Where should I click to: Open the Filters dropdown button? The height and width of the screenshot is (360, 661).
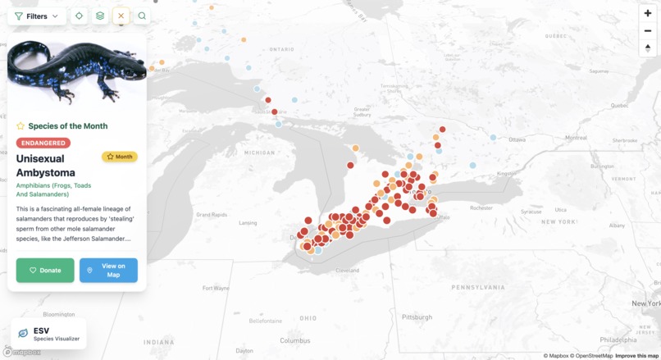(37, 16)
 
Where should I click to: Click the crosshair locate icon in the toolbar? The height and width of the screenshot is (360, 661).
(79, 16)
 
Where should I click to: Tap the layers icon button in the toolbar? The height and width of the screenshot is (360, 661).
(100, 16)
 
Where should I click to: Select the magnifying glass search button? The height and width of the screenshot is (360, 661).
(143, 16)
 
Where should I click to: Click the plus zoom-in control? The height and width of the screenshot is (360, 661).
(648, 13)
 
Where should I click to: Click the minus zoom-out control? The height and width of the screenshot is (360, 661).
(648, 30)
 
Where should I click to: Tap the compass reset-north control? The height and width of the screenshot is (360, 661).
(648, 48)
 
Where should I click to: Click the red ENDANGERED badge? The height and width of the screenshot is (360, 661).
(43, 143)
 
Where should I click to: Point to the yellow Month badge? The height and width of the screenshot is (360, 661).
(120, 157)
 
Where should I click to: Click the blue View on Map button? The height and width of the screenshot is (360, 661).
(108, 270)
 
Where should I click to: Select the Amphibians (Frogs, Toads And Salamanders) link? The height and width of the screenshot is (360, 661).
(54, 190)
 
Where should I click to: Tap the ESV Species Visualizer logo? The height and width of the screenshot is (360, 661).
(48, 334)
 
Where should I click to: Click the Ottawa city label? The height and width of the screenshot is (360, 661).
(516, 139)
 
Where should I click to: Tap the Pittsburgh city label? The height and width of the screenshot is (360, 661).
(417, 317)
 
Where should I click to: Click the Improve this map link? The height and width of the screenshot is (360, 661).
(636, 356)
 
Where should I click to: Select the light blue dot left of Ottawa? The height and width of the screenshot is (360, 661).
(493, 138)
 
